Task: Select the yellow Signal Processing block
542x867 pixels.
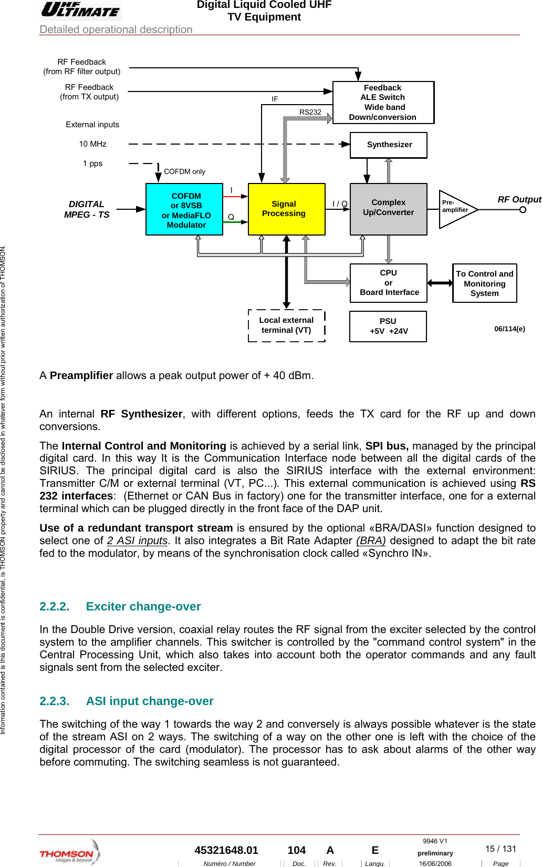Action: pyautogui.click(x=286, y=209)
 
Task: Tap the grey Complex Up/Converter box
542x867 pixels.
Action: pyautogui.click(x=388, y=209)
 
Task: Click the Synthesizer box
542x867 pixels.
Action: pyautogui.click(x=389, y=145)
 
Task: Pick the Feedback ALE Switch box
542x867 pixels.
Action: pyautogui.click(x=383, y=103)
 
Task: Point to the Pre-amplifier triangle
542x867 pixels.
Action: pyautogui.click(x=455, y=209)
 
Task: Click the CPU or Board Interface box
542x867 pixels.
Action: pyautogui.click(x=389, y=283)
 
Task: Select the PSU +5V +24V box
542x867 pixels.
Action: pyautogui.click(x=388, y=327)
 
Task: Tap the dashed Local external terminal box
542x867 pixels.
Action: pyautogui.click(x=286, y=325)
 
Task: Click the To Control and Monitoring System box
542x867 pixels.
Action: pyautogui.click(x=484, y=283)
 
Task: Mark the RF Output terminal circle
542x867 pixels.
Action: pyautogui.click(x=523, y=210)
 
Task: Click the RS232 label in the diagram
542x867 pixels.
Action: pyautogui.click(x=310, y=112)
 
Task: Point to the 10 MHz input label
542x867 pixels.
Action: pyautogui.click(x=93, y=144)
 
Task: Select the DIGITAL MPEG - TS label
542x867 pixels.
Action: pyautogui.click(x=87, y=209)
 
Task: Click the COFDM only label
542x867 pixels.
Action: pyautogui.click(x=184, y=172)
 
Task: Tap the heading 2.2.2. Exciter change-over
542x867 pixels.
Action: pyautogui.click(x=120, y=606)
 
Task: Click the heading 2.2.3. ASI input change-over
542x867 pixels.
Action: pyautogui.click(x=127, y=701)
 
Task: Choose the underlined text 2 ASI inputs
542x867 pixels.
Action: pyautogui.click(x=137, y=540)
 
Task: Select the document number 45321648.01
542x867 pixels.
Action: pyautogui.click(x=226, y=850)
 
